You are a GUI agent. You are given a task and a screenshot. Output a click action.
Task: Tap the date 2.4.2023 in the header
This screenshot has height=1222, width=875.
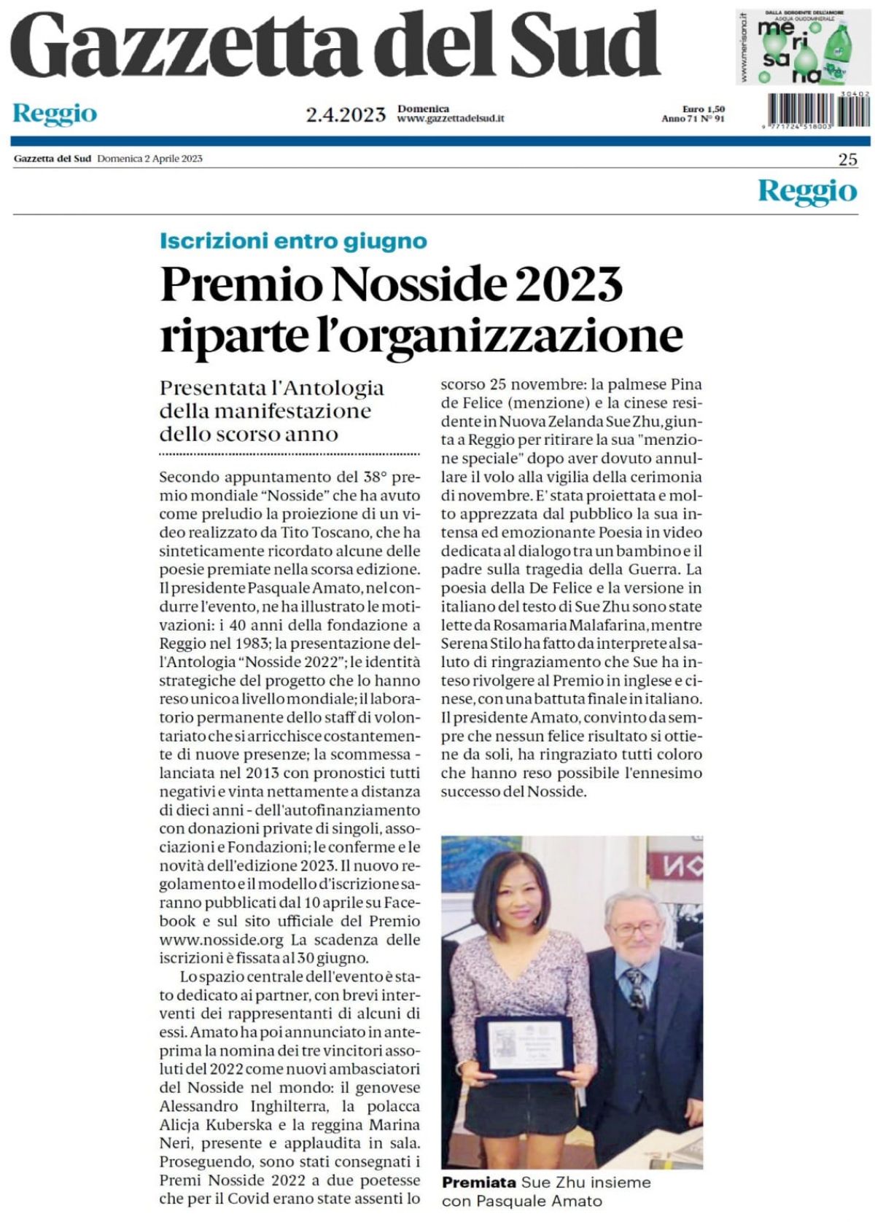(x=346, y=114)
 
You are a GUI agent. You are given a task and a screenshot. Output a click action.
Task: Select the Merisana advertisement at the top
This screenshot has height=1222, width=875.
(x=802, y=47)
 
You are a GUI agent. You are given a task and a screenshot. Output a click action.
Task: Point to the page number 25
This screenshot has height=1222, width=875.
(x=847, y=160)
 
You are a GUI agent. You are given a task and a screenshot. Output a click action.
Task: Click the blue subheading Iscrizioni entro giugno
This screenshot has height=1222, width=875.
(x=293, y=241)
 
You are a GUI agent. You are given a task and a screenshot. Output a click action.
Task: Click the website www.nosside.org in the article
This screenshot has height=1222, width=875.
(x=221, y=940)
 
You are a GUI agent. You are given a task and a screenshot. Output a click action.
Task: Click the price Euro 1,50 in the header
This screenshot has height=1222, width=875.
(x=704, y=109)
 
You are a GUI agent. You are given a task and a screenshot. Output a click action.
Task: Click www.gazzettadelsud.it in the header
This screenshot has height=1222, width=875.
(x=451, y=118)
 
